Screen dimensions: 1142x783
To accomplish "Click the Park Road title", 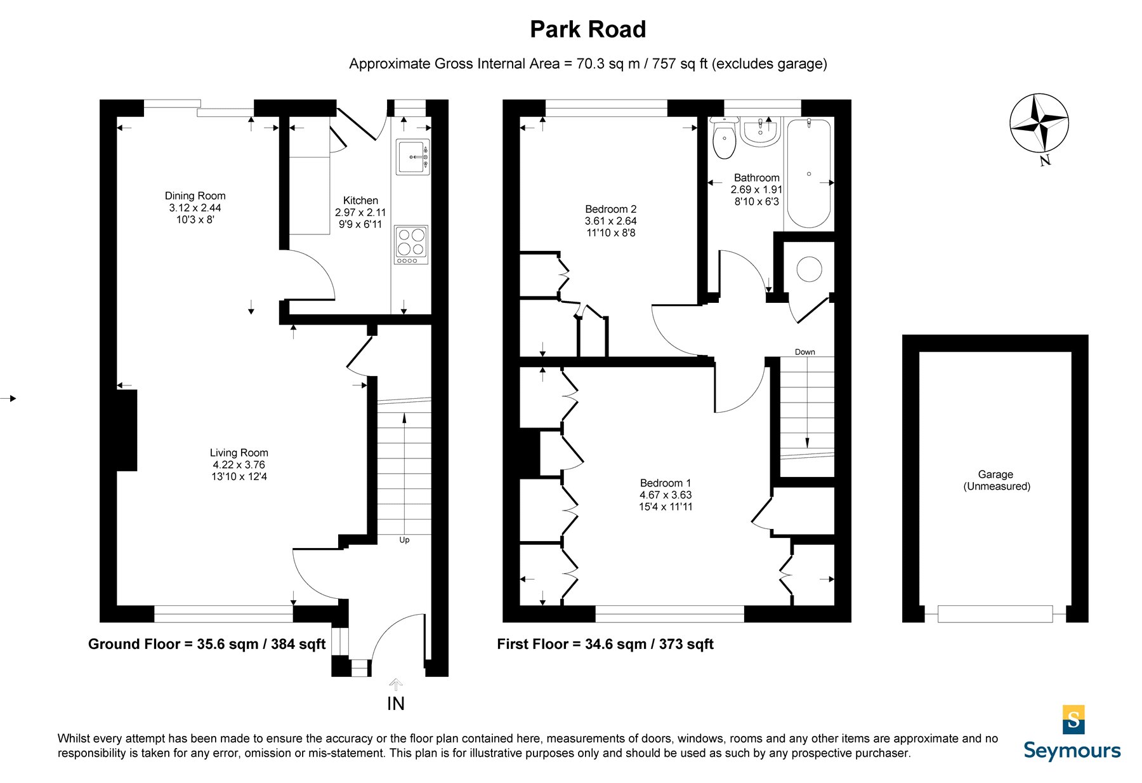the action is point(587,29).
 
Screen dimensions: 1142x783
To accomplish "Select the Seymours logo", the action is point(1072,733).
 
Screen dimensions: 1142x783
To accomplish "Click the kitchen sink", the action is point(413,157).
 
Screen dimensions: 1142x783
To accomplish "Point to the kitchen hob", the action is point(411,244).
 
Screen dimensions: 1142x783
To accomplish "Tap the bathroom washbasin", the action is point(760,133).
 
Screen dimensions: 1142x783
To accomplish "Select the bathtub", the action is point(809,173).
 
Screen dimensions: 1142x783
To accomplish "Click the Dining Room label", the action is point(195,208).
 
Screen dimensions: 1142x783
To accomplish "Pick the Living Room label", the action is point(239,464).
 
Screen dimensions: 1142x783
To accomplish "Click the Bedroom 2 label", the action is point(610,221).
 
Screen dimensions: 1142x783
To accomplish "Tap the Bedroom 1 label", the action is point(666,495).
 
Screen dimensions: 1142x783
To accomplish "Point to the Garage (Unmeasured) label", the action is point(996,480).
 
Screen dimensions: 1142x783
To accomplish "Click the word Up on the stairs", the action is point(404,540).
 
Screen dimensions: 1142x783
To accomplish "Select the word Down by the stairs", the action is point(804,352).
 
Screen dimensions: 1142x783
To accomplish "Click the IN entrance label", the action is point(395,704).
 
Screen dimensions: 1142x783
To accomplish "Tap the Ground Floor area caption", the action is point(207,644).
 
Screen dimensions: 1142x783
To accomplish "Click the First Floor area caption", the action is point(605,644).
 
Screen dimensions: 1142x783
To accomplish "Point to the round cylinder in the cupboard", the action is point(809,269).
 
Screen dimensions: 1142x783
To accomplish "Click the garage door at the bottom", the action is point(994,613).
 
